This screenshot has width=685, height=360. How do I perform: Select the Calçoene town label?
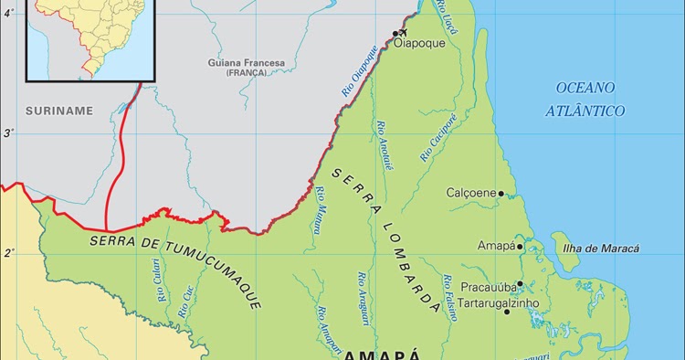[470, 194]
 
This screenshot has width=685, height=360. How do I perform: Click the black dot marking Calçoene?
[501, 194]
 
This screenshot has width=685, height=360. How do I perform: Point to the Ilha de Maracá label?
[602, 249]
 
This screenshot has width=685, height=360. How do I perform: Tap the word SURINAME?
[59, 111]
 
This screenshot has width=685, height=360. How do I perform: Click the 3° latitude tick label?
[9, 133]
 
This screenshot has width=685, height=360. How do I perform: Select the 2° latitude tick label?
[9, 253]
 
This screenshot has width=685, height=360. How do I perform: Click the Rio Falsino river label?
[449, 296]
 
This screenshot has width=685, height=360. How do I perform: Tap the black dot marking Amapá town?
[520, 246]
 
